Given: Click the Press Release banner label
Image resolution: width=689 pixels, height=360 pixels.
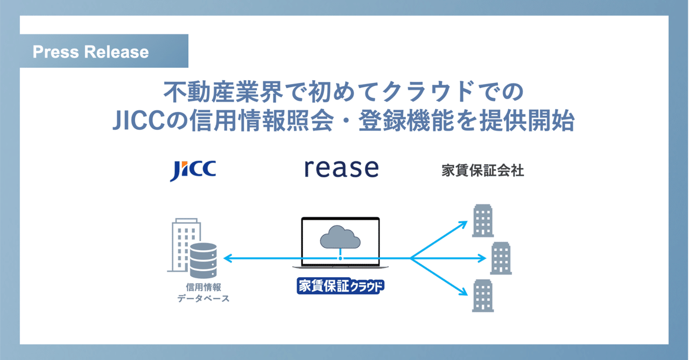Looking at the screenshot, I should [91, 52].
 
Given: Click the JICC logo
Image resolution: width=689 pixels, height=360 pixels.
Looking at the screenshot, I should [193, 170].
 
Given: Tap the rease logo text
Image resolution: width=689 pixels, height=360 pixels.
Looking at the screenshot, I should [341, 168].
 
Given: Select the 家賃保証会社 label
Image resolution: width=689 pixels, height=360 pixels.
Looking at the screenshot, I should [482, 171].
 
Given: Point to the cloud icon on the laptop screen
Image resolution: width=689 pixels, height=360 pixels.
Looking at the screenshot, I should [340, 236].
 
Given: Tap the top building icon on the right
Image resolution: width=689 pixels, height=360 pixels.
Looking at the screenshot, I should [482, 221].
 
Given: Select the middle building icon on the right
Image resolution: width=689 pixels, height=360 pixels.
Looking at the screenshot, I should [501, 258].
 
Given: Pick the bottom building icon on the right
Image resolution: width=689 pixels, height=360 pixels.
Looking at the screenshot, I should [482, 296].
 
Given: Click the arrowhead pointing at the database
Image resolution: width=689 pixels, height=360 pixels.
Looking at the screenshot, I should [227, 259].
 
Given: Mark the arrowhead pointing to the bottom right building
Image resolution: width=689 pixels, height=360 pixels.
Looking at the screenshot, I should [462, 293].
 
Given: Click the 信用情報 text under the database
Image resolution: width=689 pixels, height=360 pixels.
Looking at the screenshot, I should [203, 287].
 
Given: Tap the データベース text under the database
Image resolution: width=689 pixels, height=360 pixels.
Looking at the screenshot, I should [203, 298].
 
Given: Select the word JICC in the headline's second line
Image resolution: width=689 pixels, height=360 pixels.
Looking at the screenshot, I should [136, 122].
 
